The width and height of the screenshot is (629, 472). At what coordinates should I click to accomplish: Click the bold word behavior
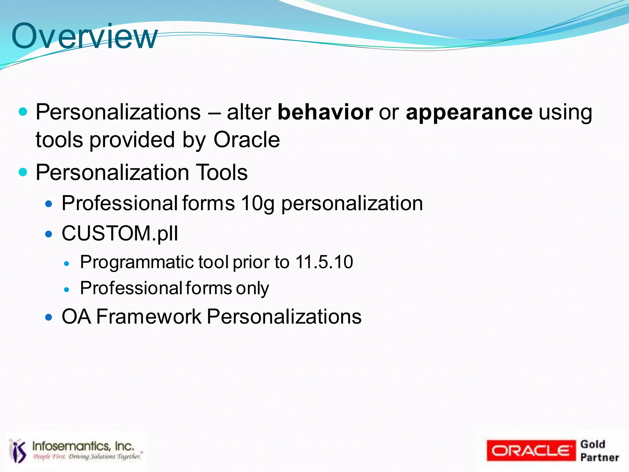[x=325, y=112]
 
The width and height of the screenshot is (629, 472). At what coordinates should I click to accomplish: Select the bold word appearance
[x=469, y=112]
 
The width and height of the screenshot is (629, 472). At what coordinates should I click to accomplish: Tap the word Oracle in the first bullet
[x=246, y=140]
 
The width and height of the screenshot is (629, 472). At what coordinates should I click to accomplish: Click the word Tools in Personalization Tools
[x=221, y=172]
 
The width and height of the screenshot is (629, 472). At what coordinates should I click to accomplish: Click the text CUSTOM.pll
[x=120, y=233]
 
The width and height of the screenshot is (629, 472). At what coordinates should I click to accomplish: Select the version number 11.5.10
[x=324, y=262]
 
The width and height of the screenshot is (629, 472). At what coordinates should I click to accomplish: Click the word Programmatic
[x=137, y=262]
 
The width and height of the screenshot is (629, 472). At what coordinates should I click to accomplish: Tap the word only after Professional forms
[x=252, y=289]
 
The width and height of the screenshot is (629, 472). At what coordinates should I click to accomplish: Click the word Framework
[x=149, y=317]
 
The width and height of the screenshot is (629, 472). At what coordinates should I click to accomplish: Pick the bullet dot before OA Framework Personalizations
[x=49, y=317]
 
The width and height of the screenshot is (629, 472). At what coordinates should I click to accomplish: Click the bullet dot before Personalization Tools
[x=23, y=172]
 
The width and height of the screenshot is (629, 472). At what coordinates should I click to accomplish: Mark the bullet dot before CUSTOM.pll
[x=49, y=235]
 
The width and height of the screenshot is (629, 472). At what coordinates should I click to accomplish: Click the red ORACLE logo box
[x=531, y=451]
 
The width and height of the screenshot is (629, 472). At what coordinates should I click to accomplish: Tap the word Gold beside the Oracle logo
[x=592, y=444]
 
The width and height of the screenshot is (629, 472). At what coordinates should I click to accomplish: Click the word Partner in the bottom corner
[x=599, y=458]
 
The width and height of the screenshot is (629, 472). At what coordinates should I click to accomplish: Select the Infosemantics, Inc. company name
[x=83, y=446]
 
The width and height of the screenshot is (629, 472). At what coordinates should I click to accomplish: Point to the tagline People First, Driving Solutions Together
[x=87, y=457]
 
